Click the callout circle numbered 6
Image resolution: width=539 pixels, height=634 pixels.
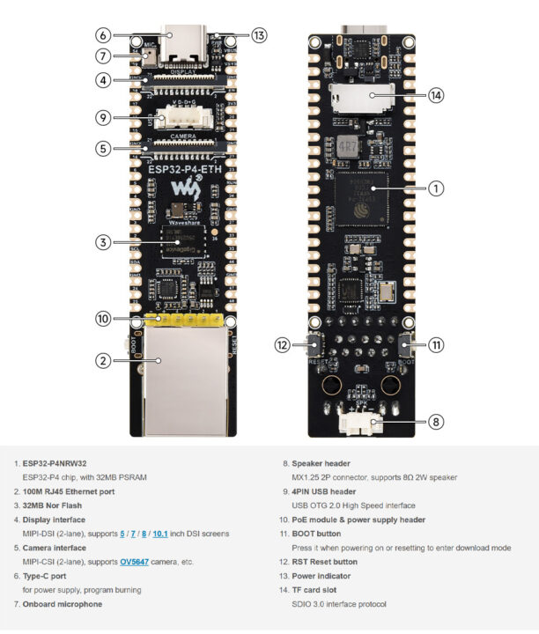(x=103, y=36)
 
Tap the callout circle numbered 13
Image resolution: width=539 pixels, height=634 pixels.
(x=257, y=36)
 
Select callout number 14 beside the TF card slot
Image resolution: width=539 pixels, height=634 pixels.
(x=436, y=94)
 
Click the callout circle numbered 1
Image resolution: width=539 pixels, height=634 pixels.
(x=436, y=188)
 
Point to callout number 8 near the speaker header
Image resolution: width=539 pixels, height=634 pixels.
(x=436, y=422)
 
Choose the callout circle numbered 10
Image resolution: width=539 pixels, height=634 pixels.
(x=103, y=318)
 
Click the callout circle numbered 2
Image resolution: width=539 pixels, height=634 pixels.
(x=103, y=360)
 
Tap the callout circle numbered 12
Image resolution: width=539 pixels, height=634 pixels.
(x=283, y=345)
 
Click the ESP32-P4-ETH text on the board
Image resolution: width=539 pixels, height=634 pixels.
(x=183, y=171)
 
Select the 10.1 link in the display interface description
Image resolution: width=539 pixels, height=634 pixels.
(x=159, y=534)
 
